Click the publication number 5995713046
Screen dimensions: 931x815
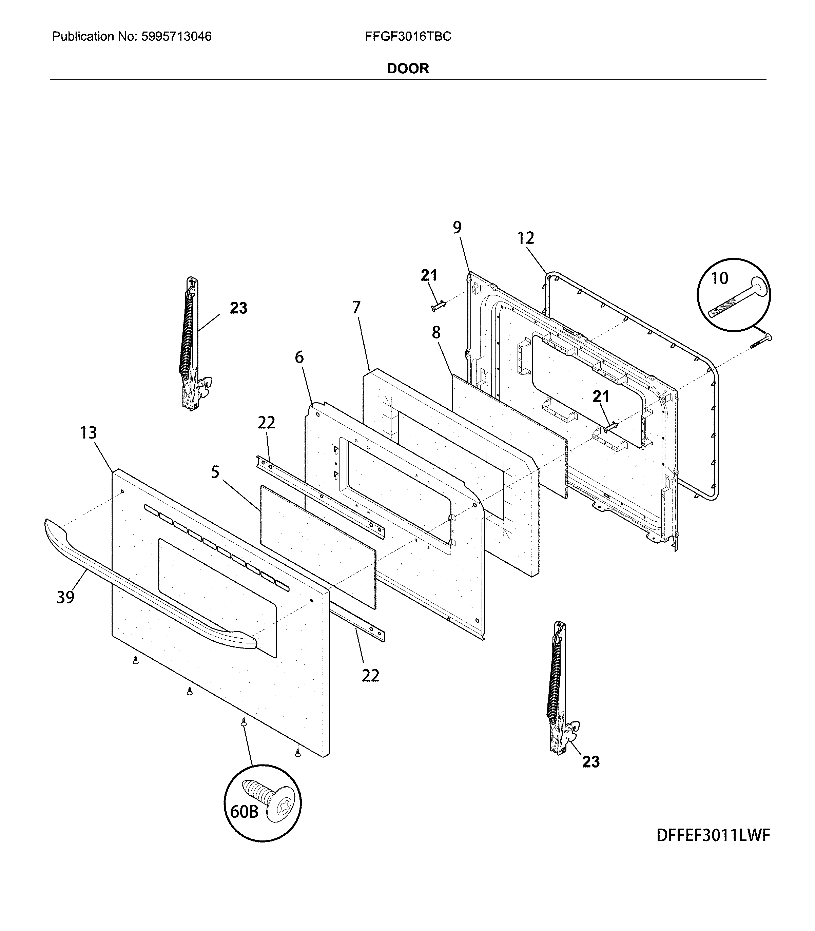tap(176, 36)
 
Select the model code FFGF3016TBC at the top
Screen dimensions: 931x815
tap(408, 36)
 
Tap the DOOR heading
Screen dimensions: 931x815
tap(408, 69)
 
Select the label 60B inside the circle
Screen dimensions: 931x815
tap(244, 811)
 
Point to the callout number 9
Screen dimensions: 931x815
tap(457, 227)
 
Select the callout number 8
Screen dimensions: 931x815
tap(436, 333)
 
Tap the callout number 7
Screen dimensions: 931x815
tap(356, 308)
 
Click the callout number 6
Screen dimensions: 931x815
tap(299, 357)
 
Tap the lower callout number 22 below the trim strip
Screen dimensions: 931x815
tap(370, 676)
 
